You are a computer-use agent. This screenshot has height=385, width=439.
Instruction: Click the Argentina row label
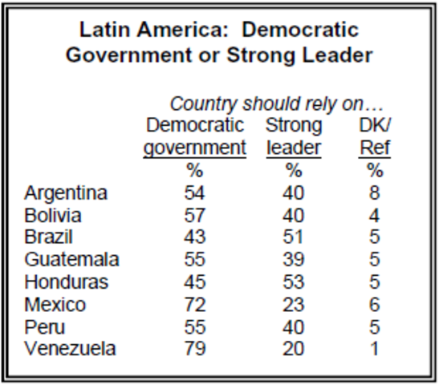tap(66, 193)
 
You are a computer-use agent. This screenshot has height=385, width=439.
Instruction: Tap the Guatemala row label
tap(71, 260)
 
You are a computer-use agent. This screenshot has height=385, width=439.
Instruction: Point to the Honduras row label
tap(66, 282)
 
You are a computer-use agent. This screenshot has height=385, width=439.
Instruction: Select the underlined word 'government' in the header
tap(194, 148)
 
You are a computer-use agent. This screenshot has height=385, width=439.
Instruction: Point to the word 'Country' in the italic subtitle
tap(201, 105)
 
